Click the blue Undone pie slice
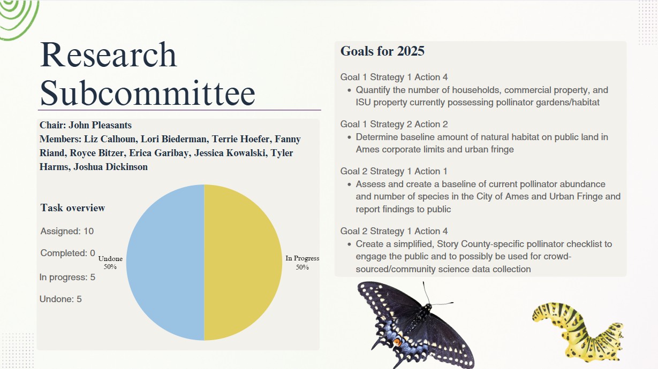(x=165, y=263)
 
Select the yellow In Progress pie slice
(x=243, y=263)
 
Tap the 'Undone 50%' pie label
(x=110, y=263)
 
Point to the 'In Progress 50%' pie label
(x=302, y=263)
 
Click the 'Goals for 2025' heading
(x=382, y=51)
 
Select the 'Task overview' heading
(x=73, y=207)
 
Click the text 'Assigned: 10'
(x=67, y=231)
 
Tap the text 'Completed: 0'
(x=68, y=253)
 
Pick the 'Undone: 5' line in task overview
(x=60, y=299)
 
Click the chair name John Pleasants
(x=100, y=125)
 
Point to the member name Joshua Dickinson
(x=110, y=167)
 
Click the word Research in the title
(x=108, y=55)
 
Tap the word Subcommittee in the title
(x=147, y=93)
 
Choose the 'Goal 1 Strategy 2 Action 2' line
(x=394, y=124)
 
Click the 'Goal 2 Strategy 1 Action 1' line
(x=394, y=171)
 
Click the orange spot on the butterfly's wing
(x=397, y=342)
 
